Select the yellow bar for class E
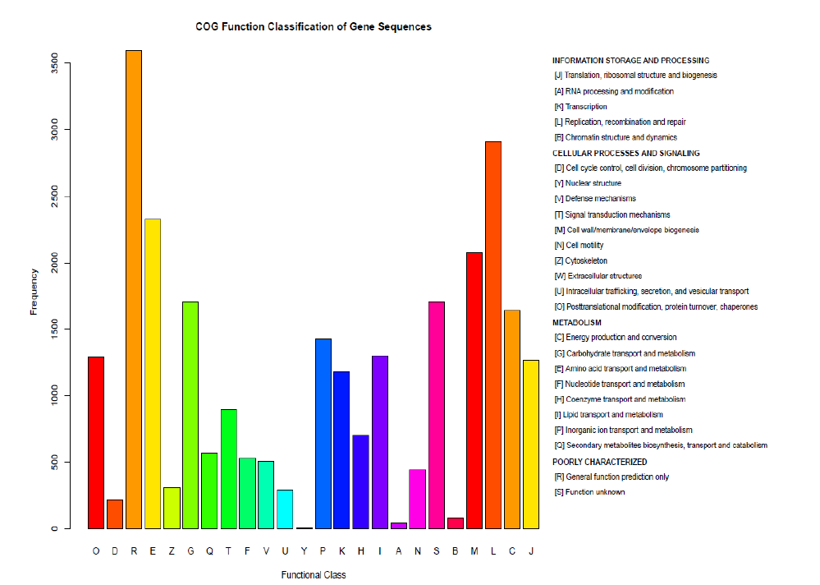pos(153,374)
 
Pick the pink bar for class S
pos(437,415)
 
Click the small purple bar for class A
pos(399,525)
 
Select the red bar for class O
pos(96,443)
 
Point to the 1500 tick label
pos(54,329)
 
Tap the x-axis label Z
pos(172,551)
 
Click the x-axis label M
pos(474,551)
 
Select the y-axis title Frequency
pos(34,291)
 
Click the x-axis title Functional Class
pos(313,575)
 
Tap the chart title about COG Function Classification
pos(313,27)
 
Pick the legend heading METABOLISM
pos(577,323)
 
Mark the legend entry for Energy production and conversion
pos(616,338)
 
